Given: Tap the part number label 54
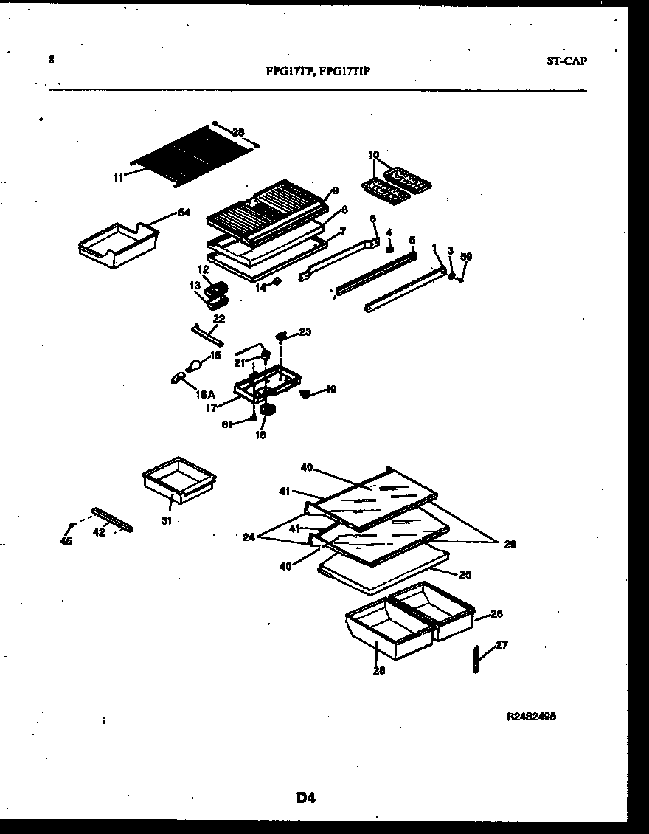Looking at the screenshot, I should (x=184, y=213).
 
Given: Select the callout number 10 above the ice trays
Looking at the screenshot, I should (x=373, y=155).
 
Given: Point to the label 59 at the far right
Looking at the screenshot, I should (x=465, y=257).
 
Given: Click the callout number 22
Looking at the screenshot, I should (x=219, y=318).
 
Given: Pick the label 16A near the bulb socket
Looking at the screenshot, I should (x=205, y=395).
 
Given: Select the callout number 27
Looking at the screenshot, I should (x=502, y=644).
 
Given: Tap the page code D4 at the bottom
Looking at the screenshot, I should (x=306, y=797).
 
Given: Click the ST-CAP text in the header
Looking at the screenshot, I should (x=566, y=61).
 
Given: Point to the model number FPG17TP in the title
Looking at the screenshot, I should (x=289, y=72).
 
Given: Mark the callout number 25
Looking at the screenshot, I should (x=464, y=574).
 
